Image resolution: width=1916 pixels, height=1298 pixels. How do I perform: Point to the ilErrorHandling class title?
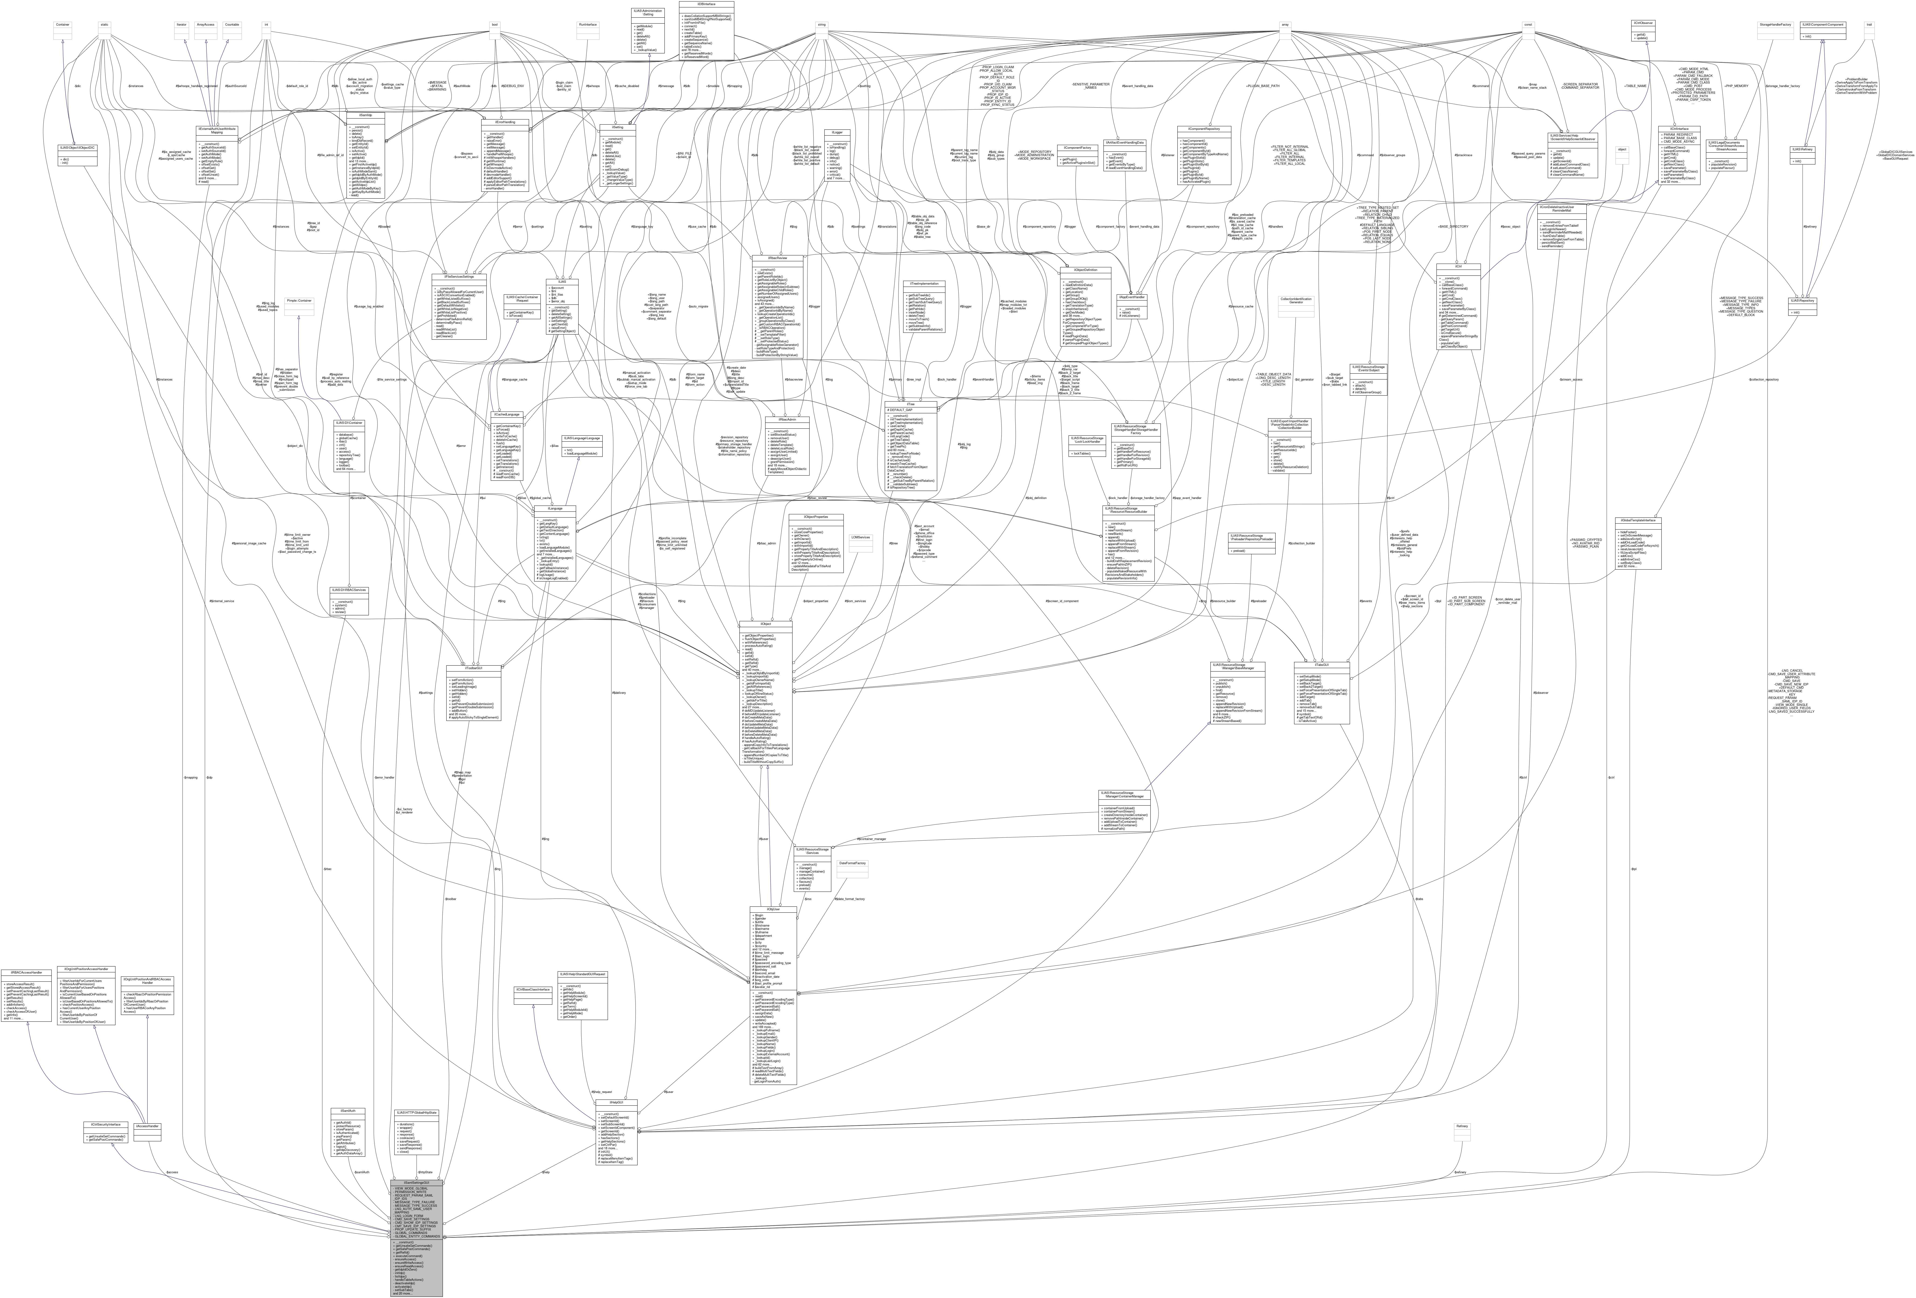pos(505,122)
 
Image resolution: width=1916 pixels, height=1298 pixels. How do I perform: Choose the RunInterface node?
pos(588,25)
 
